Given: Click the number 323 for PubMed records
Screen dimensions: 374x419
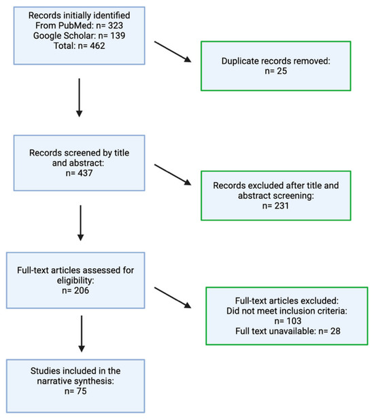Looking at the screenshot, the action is (x=116, y=26).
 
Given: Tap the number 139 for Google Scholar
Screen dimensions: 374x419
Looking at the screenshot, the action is (x=118, y=36).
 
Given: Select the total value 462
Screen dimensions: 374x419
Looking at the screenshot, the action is (x=97, y=46).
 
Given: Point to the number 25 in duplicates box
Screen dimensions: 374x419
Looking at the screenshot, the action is (x=282, y=71).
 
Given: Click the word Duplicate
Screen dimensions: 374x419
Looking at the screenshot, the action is (x=240, y=61).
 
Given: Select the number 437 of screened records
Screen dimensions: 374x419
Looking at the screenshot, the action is (x=85, y=173).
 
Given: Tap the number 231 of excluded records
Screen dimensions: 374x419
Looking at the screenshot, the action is (x=282, y=206).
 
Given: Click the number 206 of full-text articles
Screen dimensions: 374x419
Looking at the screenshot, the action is (x=82, y=291).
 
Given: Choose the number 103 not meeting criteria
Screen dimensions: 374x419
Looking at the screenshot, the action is (x=294, y=321).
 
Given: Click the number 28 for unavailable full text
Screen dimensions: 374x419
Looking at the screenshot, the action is (x=335, y=331).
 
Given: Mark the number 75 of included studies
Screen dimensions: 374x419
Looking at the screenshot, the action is (x=82, y=391).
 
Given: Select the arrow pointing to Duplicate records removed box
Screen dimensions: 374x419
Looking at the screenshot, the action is (x=173, y=52).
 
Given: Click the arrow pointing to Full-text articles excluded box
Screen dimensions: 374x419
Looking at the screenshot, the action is (x=173, y=297).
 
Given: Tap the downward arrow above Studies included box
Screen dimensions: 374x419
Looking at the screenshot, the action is (x=82, y=333).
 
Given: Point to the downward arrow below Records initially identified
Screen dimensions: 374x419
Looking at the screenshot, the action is (x=79, y=98).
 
